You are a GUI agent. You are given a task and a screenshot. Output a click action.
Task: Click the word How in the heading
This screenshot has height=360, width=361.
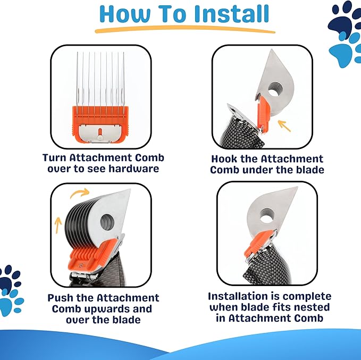pos(124,14)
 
